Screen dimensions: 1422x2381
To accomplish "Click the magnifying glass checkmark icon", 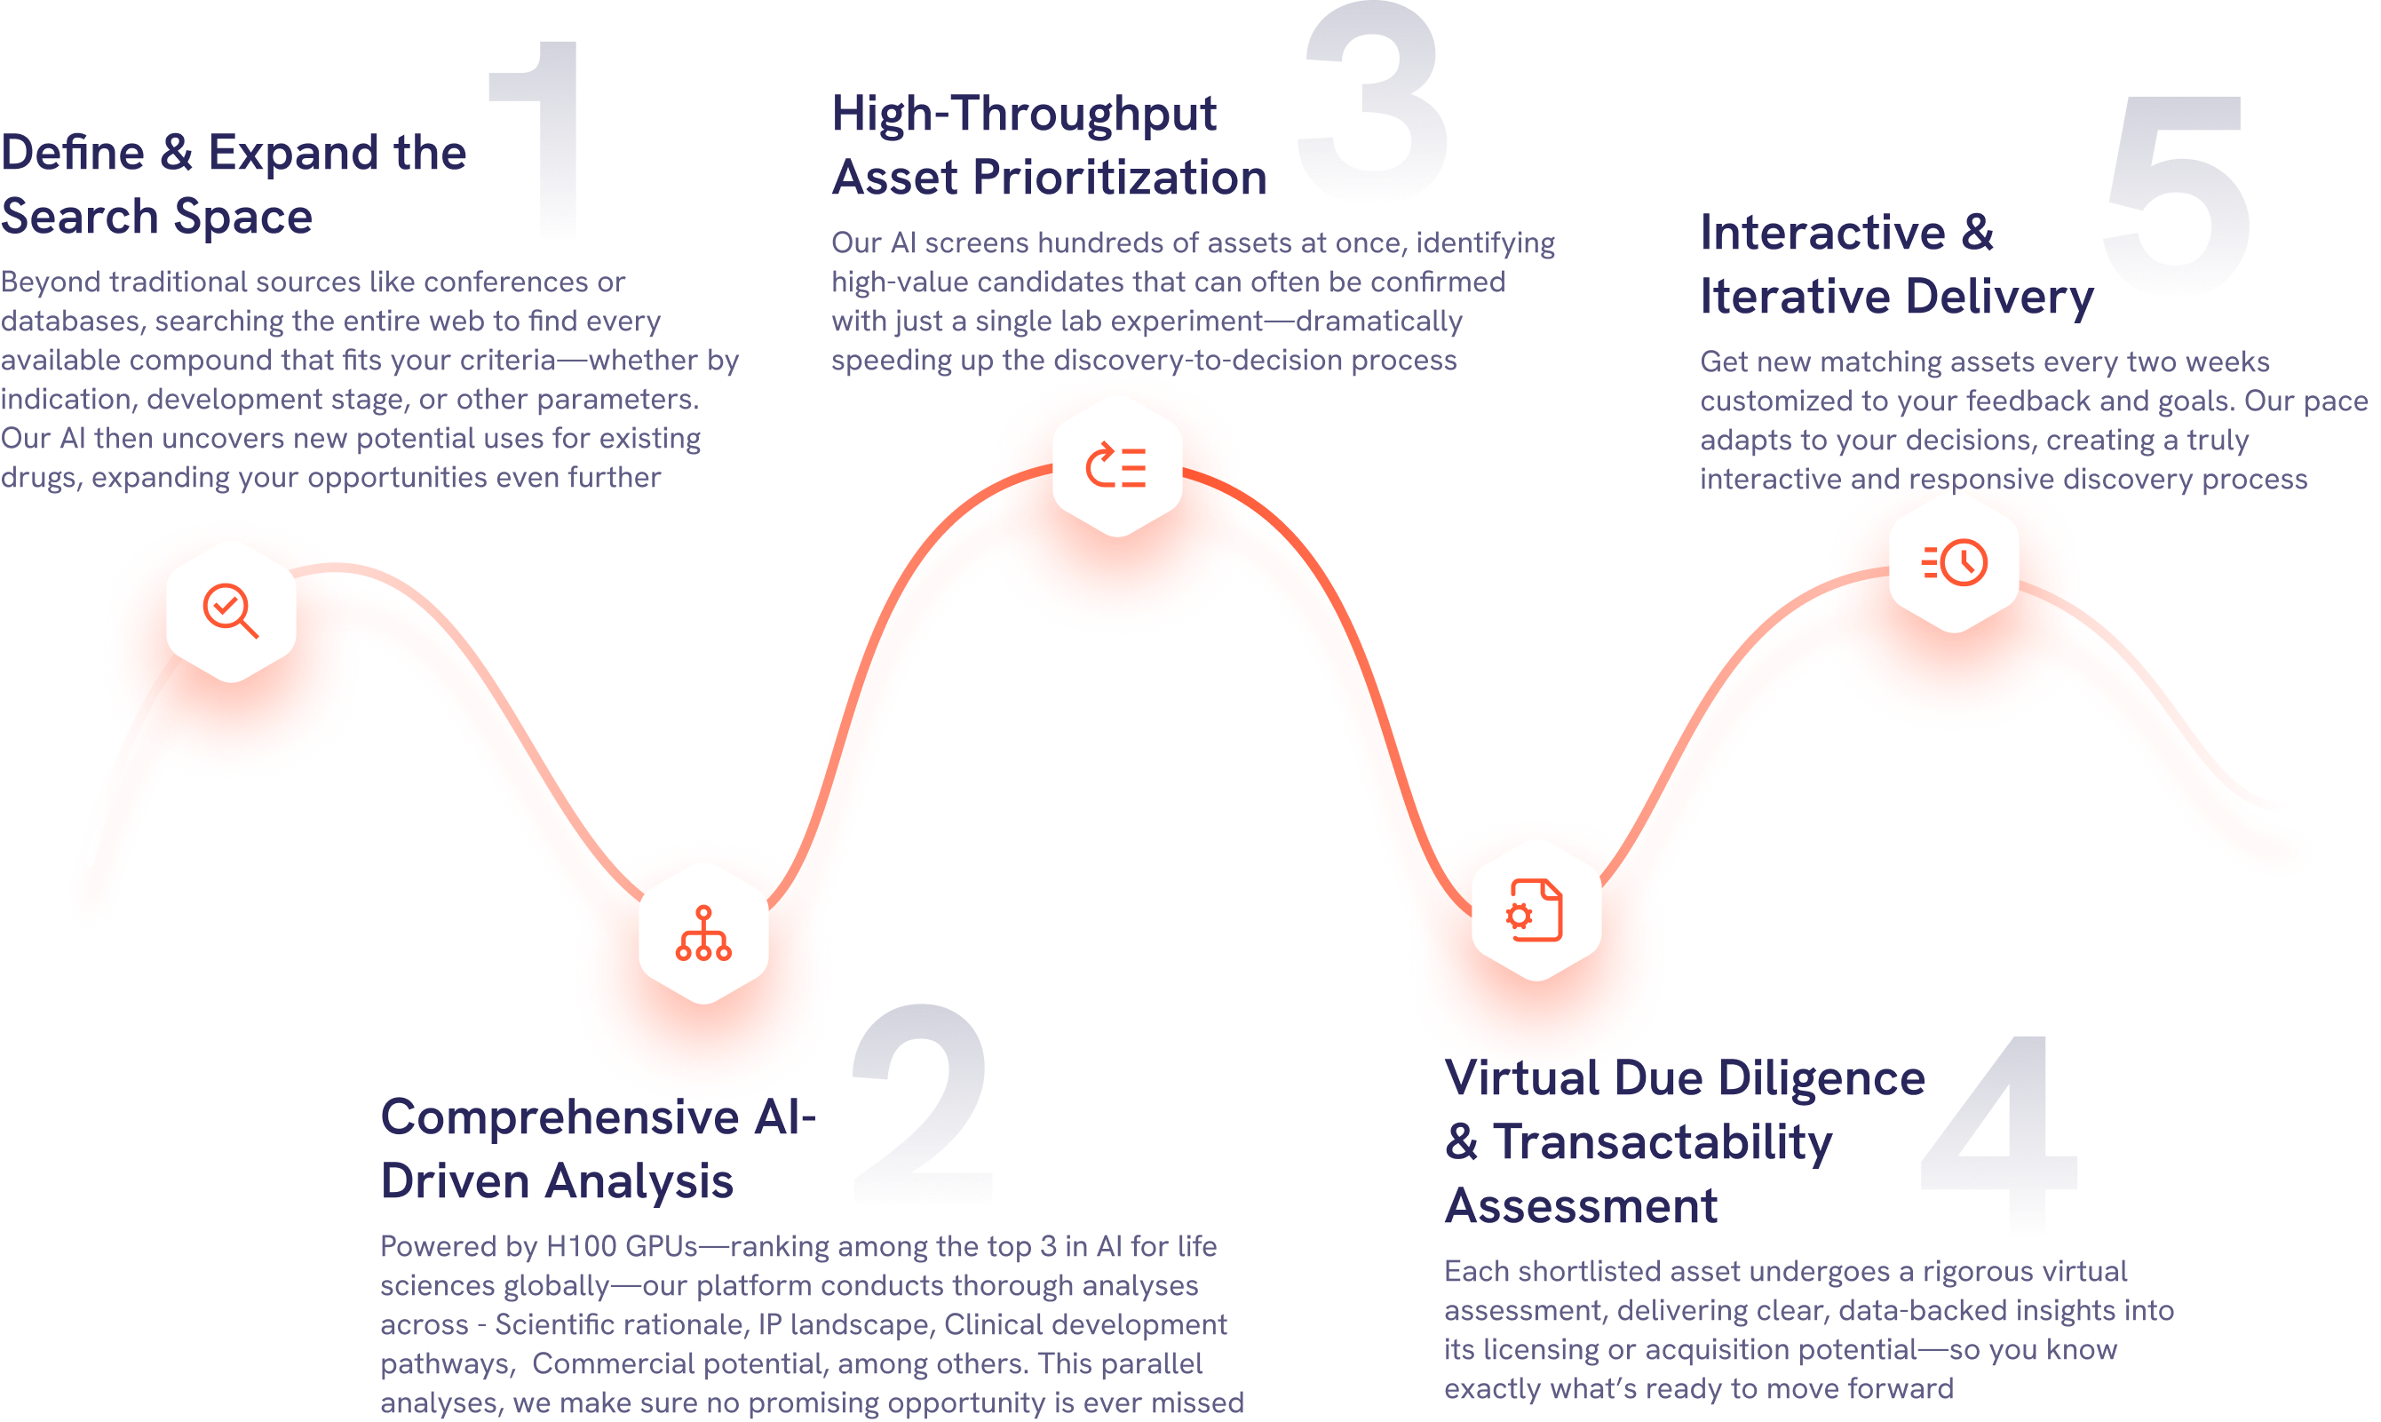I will [230, 610].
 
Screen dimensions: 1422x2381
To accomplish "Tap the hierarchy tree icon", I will [703, 933].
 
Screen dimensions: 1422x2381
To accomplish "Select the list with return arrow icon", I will [1116, 465].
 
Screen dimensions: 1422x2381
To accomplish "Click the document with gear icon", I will [1535, 910].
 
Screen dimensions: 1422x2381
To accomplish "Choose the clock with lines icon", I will [1955, 562].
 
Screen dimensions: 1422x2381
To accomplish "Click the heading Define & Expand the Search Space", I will [233, 184].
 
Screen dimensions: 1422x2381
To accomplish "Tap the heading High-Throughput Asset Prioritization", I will [1048, 146].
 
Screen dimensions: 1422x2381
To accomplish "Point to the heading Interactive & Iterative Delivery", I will [1895, 265].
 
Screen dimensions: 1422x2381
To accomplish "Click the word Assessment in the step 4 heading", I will [1581, 1205].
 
